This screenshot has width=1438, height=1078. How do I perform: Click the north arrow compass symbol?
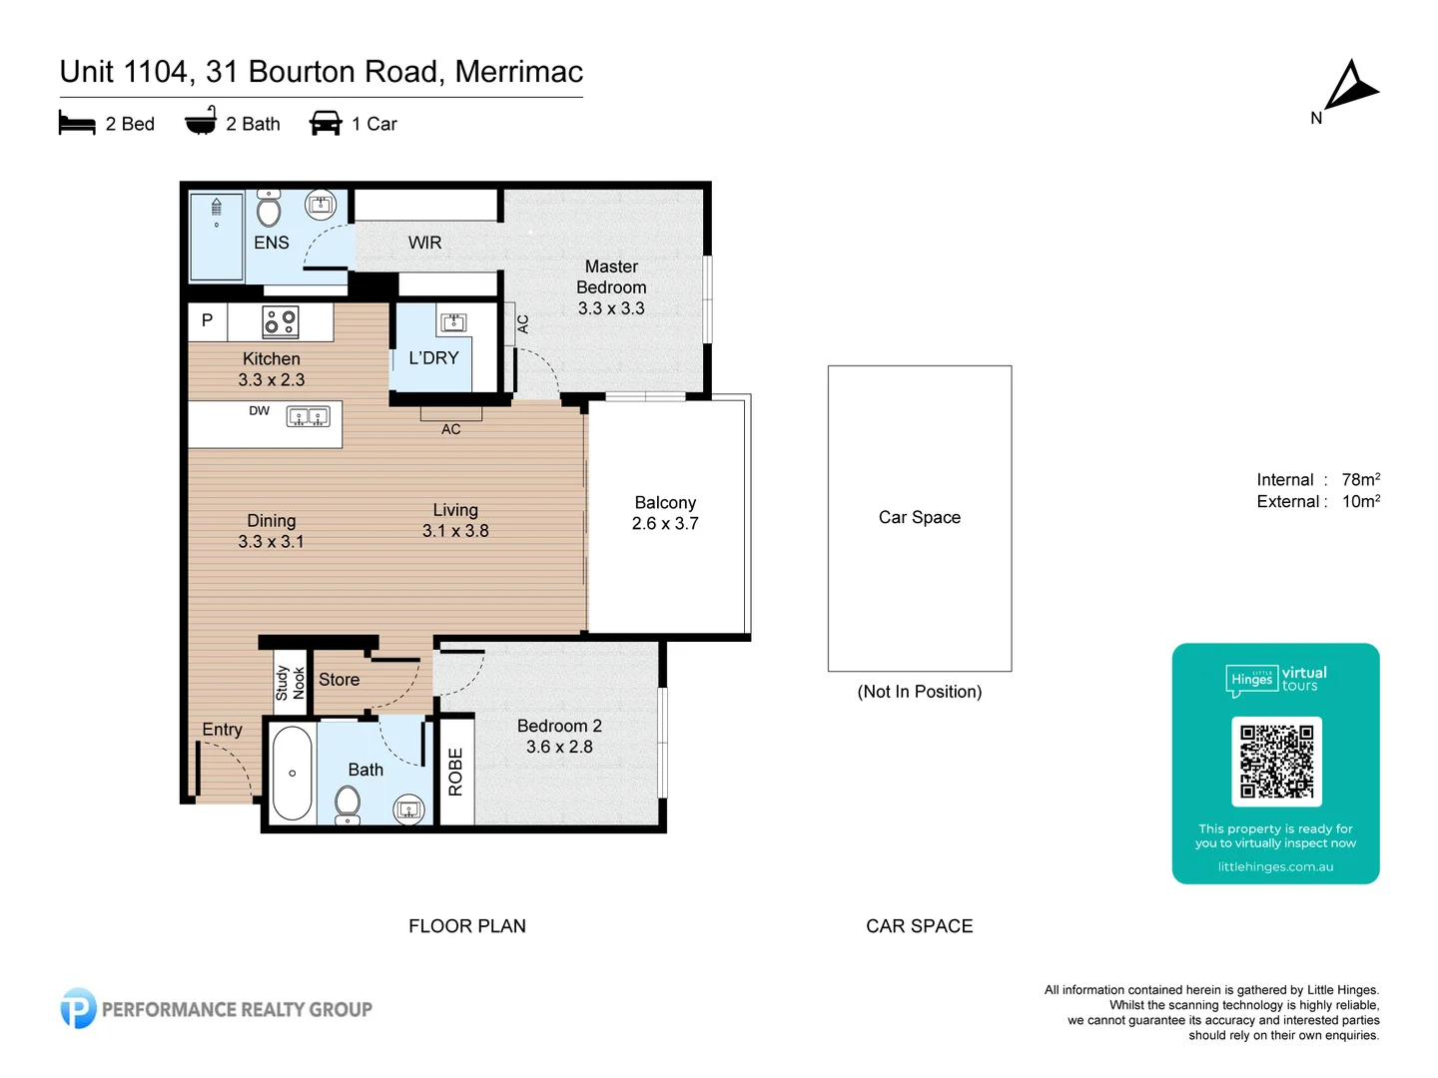[1350, 87]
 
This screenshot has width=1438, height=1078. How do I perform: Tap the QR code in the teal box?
[1276, 762]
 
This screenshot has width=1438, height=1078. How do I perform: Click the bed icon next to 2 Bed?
[77, 124]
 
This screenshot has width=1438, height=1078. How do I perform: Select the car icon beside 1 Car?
[326, 124]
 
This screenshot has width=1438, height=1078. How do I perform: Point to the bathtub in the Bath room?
[292, 774]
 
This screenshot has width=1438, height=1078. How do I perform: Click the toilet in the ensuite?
[269, 210]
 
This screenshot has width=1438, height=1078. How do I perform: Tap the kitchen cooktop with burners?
[280, 321]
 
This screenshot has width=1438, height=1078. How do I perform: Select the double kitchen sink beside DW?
[308, 416]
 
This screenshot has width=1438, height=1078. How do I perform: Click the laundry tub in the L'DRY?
[453, 322]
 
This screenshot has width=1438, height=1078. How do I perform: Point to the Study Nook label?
[290, 683]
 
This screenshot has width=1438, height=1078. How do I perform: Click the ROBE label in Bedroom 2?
[455, 772]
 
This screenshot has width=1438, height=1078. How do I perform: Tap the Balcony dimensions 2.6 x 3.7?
[665, 524]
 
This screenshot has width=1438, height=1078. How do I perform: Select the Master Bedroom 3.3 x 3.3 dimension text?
[611, 308]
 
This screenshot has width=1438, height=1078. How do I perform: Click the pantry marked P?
[208, 320]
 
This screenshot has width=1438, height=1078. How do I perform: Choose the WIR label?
[424, 243]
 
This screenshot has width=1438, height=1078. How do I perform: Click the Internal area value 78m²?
[1360, 480]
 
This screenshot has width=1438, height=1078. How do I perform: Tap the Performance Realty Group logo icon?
[78, 1008]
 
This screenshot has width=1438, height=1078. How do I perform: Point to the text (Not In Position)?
[919, 692]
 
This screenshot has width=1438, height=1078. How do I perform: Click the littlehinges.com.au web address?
[1275, 866]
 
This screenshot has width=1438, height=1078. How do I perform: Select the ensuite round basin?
[321, 205]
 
